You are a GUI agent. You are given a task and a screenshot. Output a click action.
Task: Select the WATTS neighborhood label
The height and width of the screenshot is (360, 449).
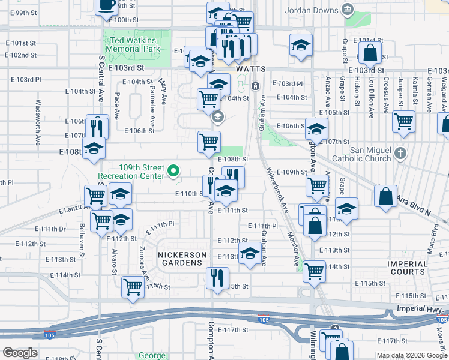pyautogui.click(x=251, y=69)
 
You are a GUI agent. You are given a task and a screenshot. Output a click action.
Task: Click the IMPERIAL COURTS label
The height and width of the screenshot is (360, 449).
pyautogui.click(x=407, y=268)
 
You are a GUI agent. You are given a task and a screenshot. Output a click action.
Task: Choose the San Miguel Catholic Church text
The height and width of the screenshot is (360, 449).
pyautogui.click(x=362, y=154)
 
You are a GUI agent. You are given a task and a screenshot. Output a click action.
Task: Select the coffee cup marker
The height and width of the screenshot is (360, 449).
pyautogui.click(x=106, y=5)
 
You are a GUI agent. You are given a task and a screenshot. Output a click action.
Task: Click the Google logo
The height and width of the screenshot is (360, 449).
pyautogui.click(x=20, y=353)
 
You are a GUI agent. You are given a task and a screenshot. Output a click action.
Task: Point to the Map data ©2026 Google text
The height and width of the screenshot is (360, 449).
pyautogui.click(x=412, y=355)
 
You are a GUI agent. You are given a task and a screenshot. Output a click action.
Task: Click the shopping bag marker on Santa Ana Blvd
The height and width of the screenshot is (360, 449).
pyautogui.click(x=385, y=196)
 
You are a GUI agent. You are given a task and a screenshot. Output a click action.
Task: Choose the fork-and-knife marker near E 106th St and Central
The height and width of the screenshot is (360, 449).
pyautogui.click(x=97, y=127)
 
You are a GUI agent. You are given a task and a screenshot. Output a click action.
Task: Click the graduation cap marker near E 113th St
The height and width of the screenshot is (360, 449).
pyautogui.click(x=249, y=254)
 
